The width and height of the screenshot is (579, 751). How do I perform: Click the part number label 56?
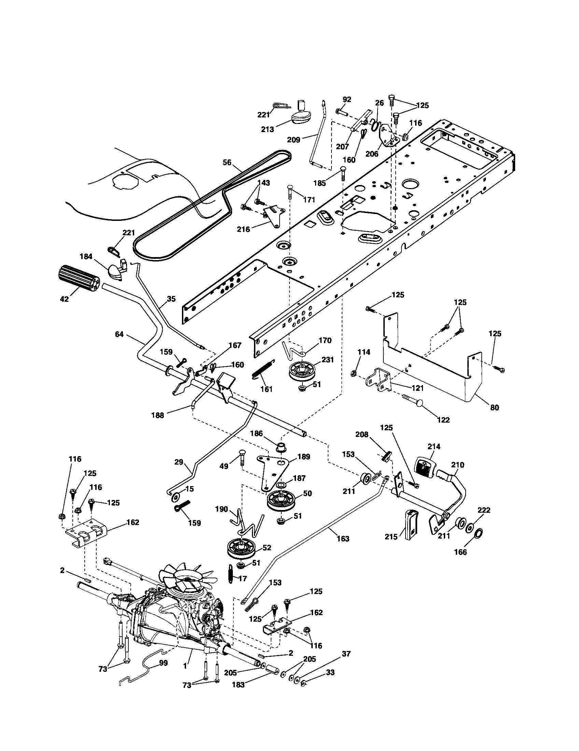(x=227, y=162)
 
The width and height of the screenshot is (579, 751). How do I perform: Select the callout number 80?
(x=494, y=408)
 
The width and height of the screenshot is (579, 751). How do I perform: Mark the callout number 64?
(x=119, y=334)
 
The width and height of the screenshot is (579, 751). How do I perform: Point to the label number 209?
(x=293, y=140)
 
